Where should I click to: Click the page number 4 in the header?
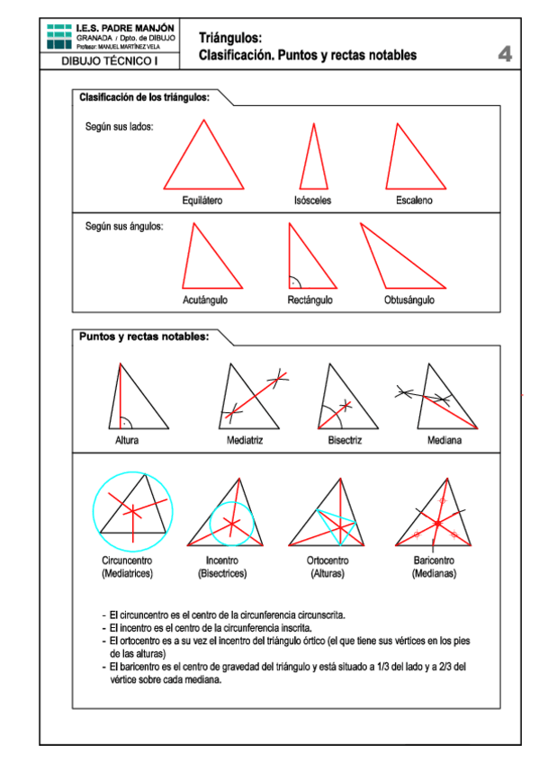click(505, 55)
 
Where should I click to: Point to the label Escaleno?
click(414, 201)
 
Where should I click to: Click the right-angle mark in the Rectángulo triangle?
click(294, 282)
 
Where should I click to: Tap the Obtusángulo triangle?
click(396, 261)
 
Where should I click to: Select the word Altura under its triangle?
click(127, 441)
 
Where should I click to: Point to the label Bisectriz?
click(345, 441)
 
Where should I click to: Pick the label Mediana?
click(445, 441)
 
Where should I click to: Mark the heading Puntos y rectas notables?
click(144, 337)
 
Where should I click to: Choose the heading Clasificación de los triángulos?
click(145, 96)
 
